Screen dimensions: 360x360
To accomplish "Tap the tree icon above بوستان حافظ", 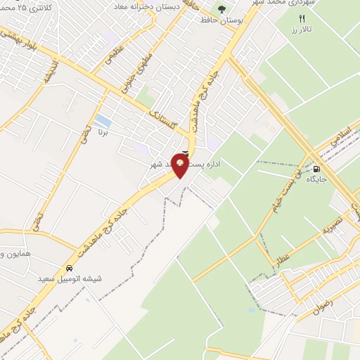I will pyautogui.click(x=221, y=9).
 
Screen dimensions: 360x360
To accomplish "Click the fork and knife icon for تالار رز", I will pyautogui.click(x=302, y=19).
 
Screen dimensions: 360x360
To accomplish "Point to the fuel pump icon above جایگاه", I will pyautogui.click(x=316, y=168).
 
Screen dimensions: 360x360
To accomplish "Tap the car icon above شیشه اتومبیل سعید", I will pyautogui.click(x=69, y=268).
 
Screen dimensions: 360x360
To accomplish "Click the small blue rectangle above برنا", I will pyautogui.click(x=103, y=120).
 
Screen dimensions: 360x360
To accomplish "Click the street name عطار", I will pyautogui.click(x=284, y=248).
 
